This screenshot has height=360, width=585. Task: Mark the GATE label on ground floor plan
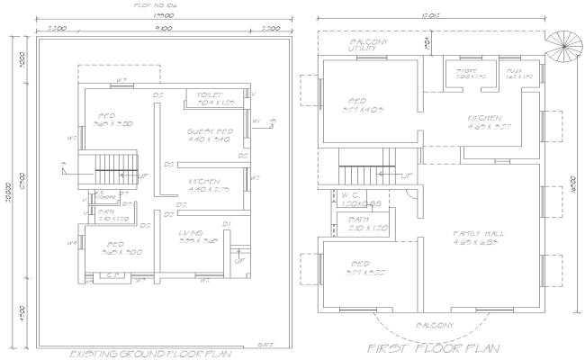tap(265, 343)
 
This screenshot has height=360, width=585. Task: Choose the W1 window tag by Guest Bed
tap(256, 121)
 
